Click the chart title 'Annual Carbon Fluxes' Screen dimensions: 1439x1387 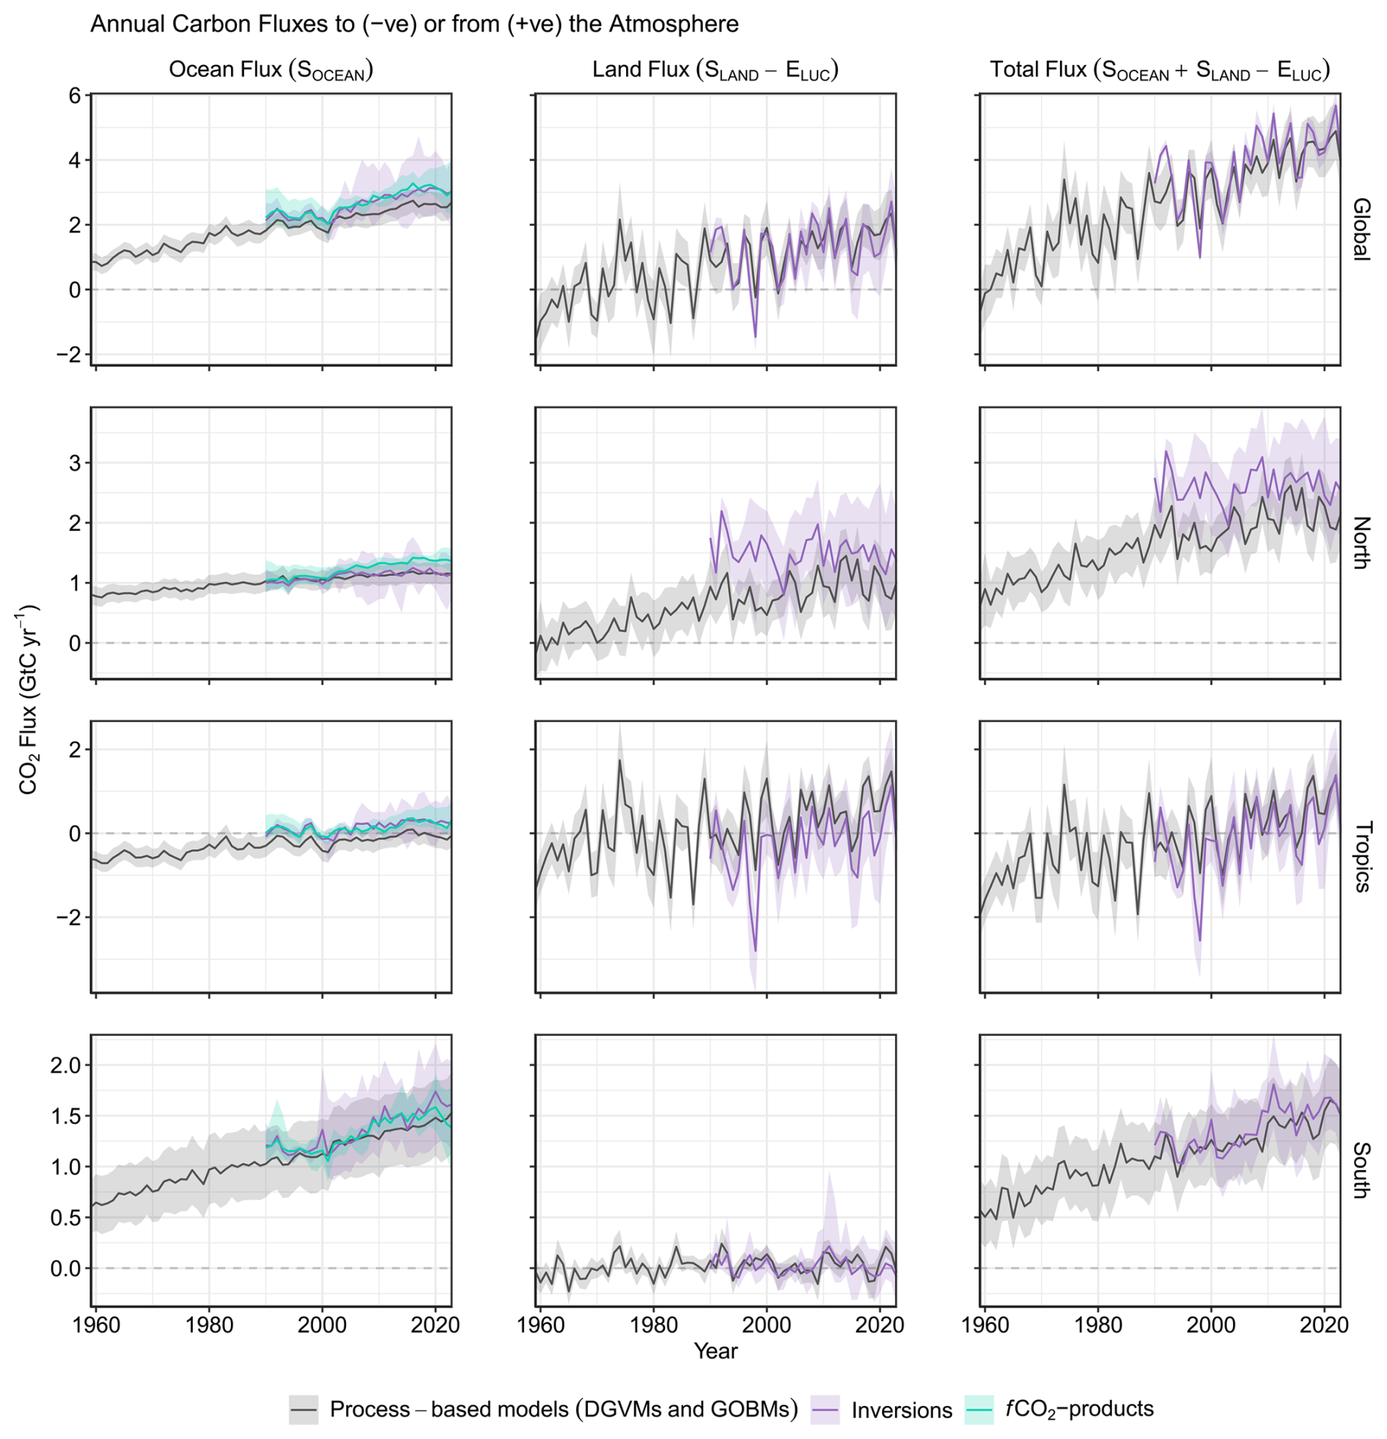[x=414, y=24]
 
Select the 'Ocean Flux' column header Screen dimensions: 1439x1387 [x=271, y=70]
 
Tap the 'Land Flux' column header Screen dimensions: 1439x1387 [x=715, y=70]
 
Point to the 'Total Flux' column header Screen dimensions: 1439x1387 [x=1160, y=70]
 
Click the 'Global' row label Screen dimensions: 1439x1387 [x=1361, y=229]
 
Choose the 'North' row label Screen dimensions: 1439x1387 [x=1361, y=543]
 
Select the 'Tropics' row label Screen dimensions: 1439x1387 [x=1361, y=857]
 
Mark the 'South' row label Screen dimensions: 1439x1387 [x=1361, y=1170]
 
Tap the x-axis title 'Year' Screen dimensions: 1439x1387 [x=716, y=1351]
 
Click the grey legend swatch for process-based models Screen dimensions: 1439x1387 [x=303, y=1410]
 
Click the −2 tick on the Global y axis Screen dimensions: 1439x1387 [x=70, y=355]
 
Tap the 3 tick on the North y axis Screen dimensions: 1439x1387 [x=76, y=463]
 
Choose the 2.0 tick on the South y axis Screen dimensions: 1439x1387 [x=69, y=1065]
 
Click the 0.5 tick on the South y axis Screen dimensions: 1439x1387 [x=69, y=1218]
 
